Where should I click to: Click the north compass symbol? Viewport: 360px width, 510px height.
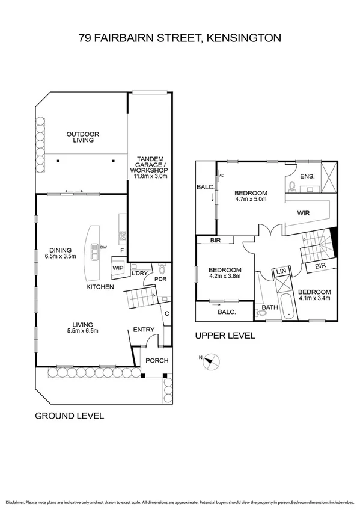(x=210, y=361)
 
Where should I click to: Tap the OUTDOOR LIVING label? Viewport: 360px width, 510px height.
(x=83, y=137)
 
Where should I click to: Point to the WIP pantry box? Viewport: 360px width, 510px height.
(x=118, y=268)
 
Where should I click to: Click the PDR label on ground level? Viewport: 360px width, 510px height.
(x=160, y=279)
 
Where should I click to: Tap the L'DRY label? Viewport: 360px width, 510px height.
(x=139, y=274)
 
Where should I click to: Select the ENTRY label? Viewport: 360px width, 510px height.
(x=144, y=329)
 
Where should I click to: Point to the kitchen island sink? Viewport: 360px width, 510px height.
(x=94, y=253)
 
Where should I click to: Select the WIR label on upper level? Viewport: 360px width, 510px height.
(x=304, y=212)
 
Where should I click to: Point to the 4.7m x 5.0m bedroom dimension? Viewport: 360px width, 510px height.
(x=251, y=201)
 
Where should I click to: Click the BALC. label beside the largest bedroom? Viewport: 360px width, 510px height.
(x=202, y=188)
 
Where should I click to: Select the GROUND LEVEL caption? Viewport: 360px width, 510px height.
(x=69, y=416)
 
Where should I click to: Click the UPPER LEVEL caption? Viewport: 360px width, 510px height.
(x=225, y=336)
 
